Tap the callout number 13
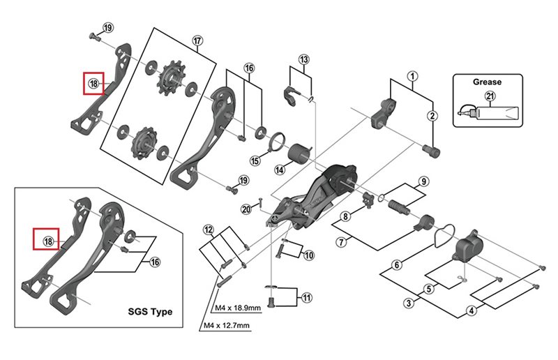point(303,59)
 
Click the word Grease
point(486,82)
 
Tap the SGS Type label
point(149,311)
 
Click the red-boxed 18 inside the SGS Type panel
point(47,241)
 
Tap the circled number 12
point(208,230)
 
